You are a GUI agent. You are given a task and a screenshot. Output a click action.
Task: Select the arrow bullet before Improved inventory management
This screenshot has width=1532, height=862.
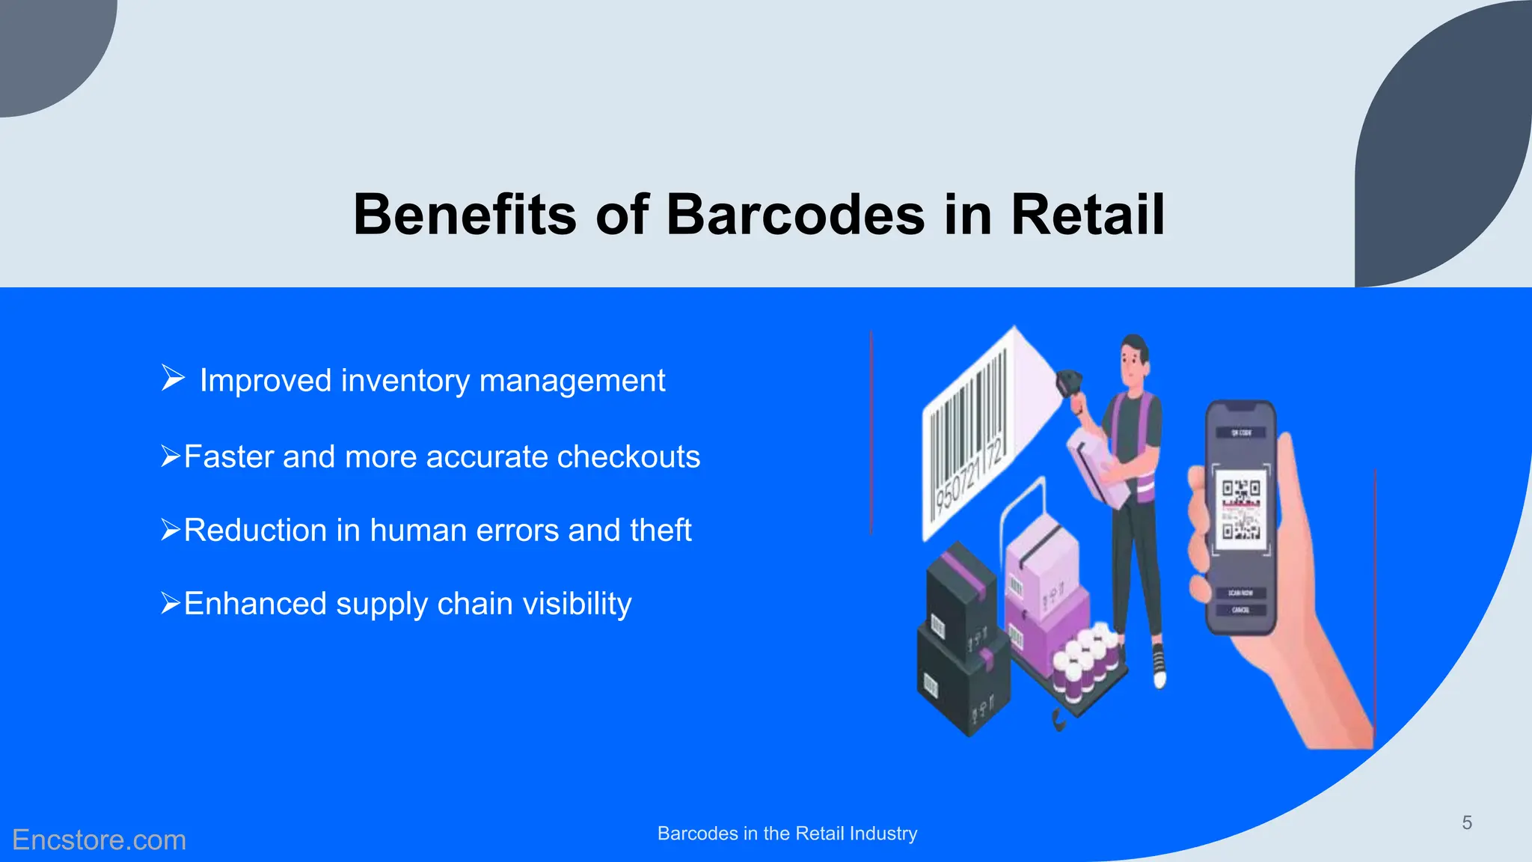173,378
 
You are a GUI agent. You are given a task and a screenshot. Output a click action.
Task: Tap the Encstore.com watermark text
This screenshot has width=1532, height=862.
99,840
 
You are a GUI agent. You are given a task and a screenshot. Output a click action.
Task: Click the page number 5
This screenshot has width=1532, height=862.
1467,823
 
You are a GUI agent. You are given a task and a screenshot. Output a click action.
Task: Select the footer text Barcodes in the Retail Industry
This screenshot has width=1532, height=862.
787,834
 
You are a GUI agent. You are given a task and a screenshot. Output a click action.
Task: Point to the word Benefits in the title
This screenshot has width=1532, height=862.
465,215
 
